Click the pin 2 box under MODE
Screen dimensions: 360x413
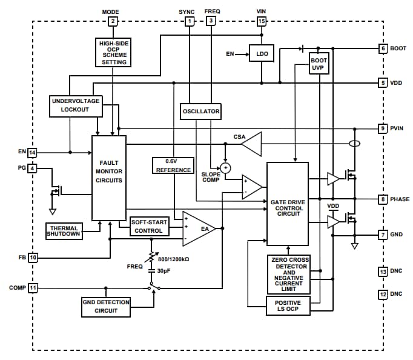112,22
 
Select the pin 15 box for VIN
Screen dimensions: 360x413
261,22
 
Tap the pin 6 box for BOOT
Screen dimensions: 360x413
383,48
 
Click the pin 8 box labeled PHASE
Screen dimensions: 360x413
383,199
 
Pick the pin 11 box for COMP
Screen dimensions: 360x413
33,287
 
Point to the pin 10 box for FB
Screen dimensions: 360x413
33,258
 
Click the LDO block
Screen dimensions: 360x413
262,54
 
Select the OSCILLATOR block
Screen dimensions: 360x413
201,112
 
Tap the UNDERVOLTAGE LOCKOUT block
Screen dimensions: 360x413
75,105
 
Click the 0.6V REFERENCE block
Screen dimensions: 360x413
173,165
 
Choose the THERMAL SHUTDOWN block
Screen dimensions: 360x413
64,231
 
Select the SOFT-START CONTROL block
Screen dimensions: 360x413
148,226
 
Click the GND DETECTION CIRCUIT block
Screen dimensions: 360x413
106,306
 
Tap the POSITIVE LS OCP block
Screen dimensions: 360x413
288,306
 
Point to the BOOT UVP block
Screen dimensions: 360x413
319,65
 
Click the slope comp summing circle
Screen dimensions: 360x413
225,168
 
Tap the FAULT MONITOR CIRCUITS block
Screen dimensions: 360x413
109,178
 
